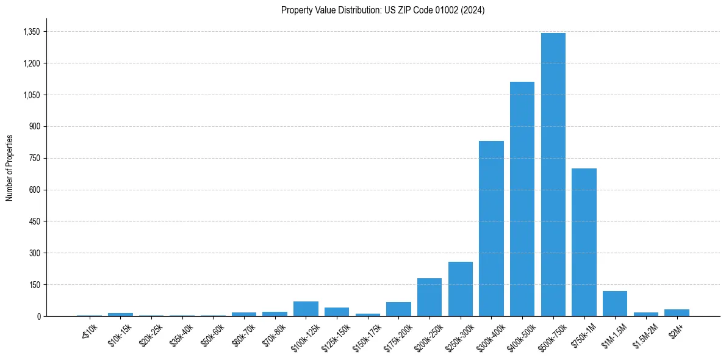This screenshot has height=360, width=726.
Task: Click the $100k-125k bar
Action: (x=306, y=309)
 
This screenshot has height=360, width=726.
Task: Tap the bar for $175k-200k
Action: (x=398, y=309)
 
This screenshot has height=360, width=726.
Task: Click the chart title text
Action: (x=383, y=10)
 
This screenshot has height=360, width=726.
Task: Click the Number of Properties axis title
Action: (x=10, y=167)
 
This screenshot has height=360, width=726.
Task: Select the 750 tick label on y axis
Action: (x=34, y=158)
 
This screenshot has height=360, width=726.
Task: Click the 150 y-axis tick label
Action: (x=34, y=284)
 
